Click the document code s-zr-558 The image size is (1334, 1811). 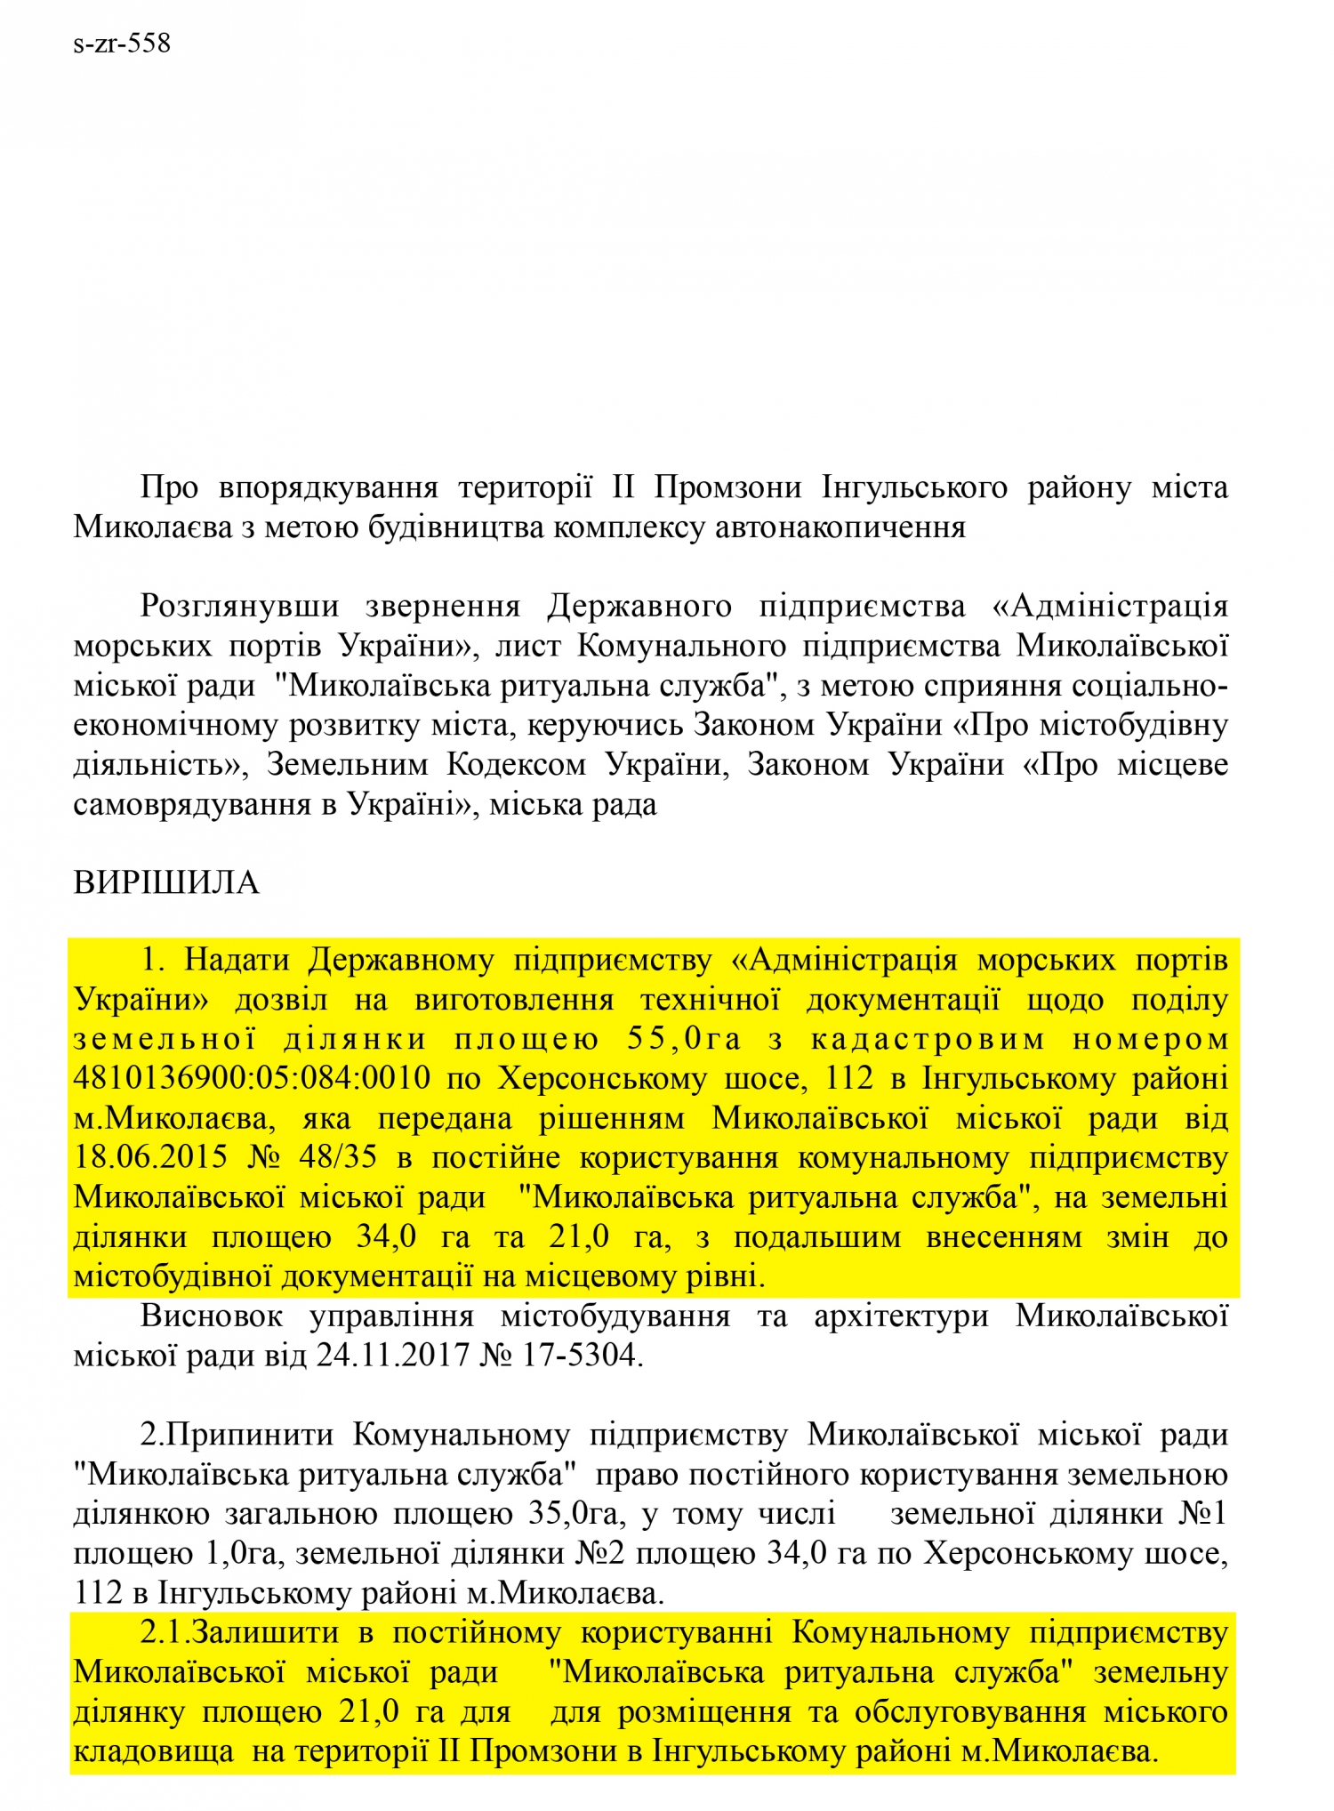click(x=122, y=43)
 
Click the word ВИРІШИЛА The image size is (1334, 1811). click(x=166, y=883)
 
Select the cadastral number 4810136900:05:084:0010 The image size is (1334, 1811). click(x=252, y=1079)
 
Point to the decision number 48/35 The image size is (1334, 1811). click(x=338, y=1157)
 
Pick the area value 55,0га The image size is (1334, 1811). click(x=684, y=1039)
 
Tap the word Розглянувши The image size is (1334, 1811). click(x=240, y=607)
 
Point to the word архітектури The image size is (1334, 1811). click(x=901, y=1316)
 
